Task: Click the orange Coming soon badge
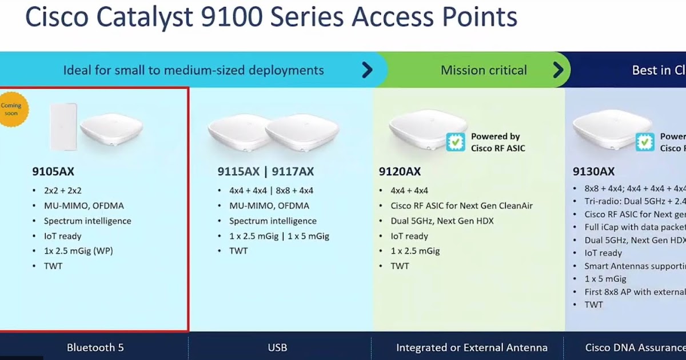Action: [11, 109]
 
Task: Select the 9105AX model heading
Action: [53, 171]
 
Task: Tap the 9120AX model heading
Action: [400, 171]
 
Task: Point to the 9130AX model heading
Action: [594, 171]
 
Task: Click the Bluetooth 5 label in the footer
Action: [95, 347]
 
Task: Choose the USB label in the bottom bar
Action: [278, 347]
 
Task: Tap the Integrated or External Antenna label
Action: [472, 347]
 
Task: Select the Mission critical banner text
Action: [484, 70]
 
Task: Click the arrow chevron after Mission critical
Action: [559, 70]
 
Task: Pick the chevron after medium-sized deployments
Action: [367, 70]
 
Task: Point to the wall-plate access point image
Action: [63, 127]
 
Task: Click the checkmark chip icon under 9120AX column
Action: [456, 142]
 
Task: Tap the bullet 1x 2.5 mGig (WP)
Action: [78, 251]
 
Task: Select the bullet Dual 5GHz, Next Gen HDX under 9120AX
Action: [442, 221]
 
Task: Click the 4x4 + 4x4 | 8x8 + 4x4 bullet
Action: [272, 190]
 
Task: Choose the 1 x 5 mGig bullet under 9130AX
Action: [605, 279]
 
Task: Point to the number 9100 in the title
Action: [232, 18]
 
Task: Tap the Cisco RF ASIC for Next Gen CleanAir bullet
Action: [461, 206]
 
